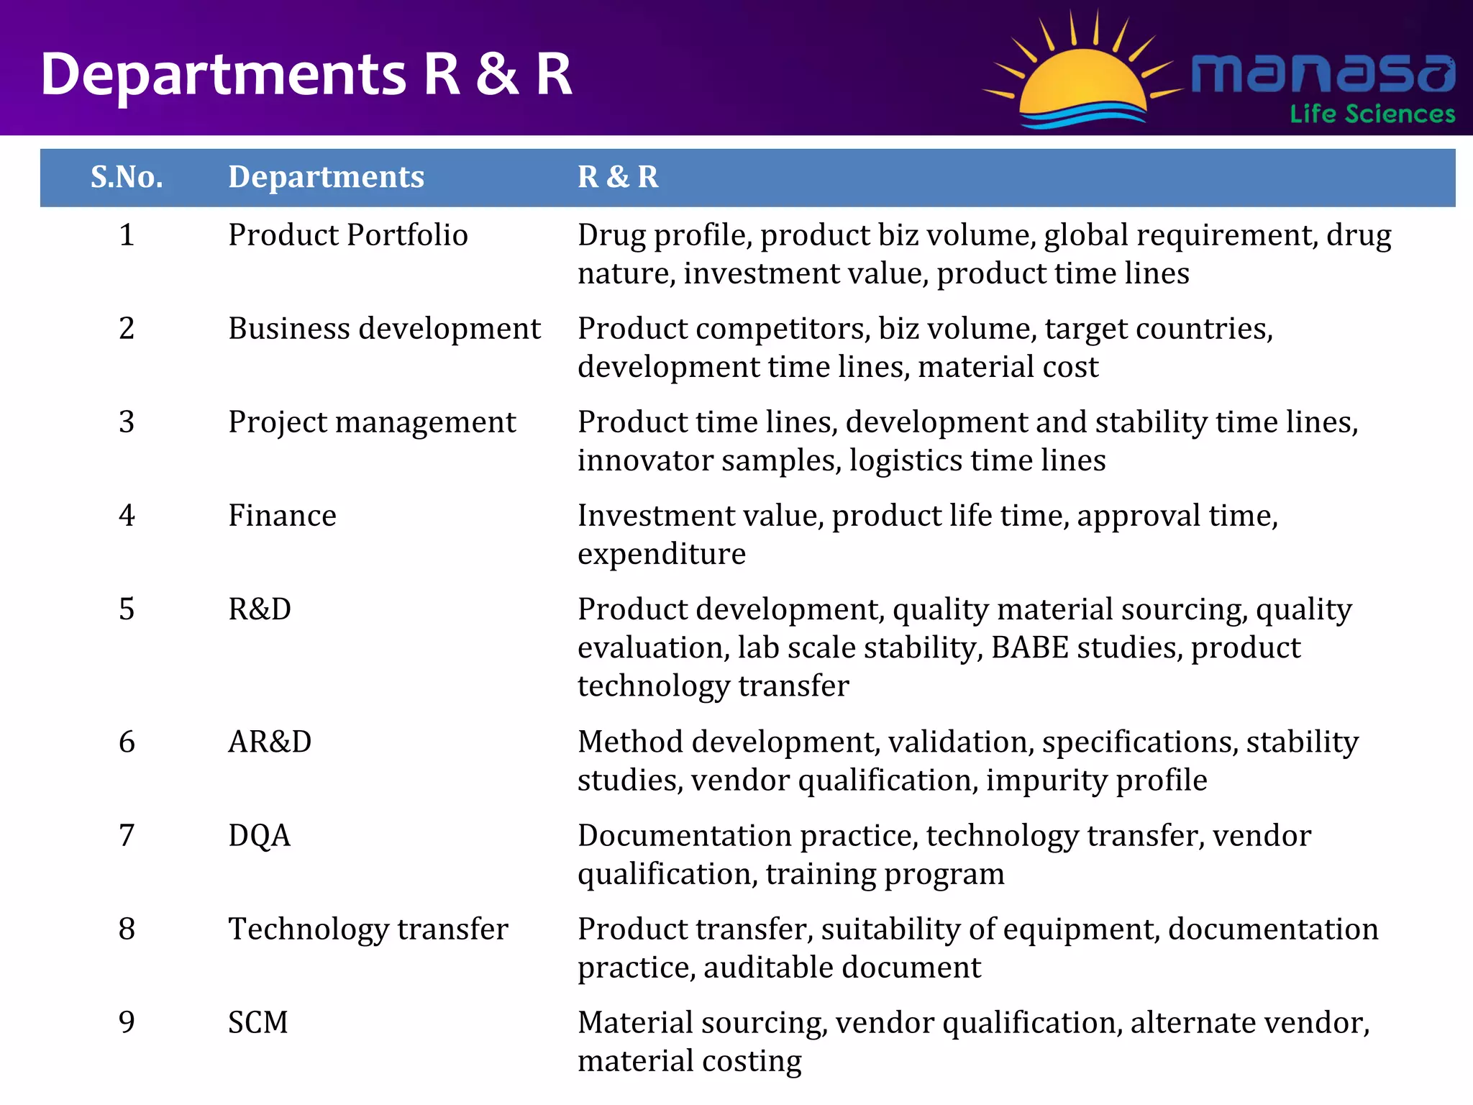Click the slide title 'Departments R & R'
coord(306,74)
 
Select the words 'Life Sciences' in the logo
coord(1372,114)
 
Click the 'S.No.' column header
coord(127,177)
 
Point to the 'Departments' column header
coord(326,177)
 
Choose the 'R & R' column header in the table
coord(618,177)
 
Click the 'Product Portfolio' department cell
coord(348,235)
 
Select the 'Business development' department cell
coord(384,329)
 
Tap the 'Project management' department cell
coord(372,422)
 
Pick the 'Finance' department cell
coord(282,516)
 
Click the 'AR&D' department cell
coord(270,742)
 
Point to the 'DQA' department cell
coord(259,835)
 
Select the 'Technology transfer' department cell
coord(368,929)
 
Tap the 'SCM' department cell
coord(257,1022)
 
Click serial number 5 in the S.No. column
coord(127,609)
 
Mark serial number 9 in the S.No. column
coord(127,1022)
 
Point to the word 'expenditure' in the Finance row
coord(662,554)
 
